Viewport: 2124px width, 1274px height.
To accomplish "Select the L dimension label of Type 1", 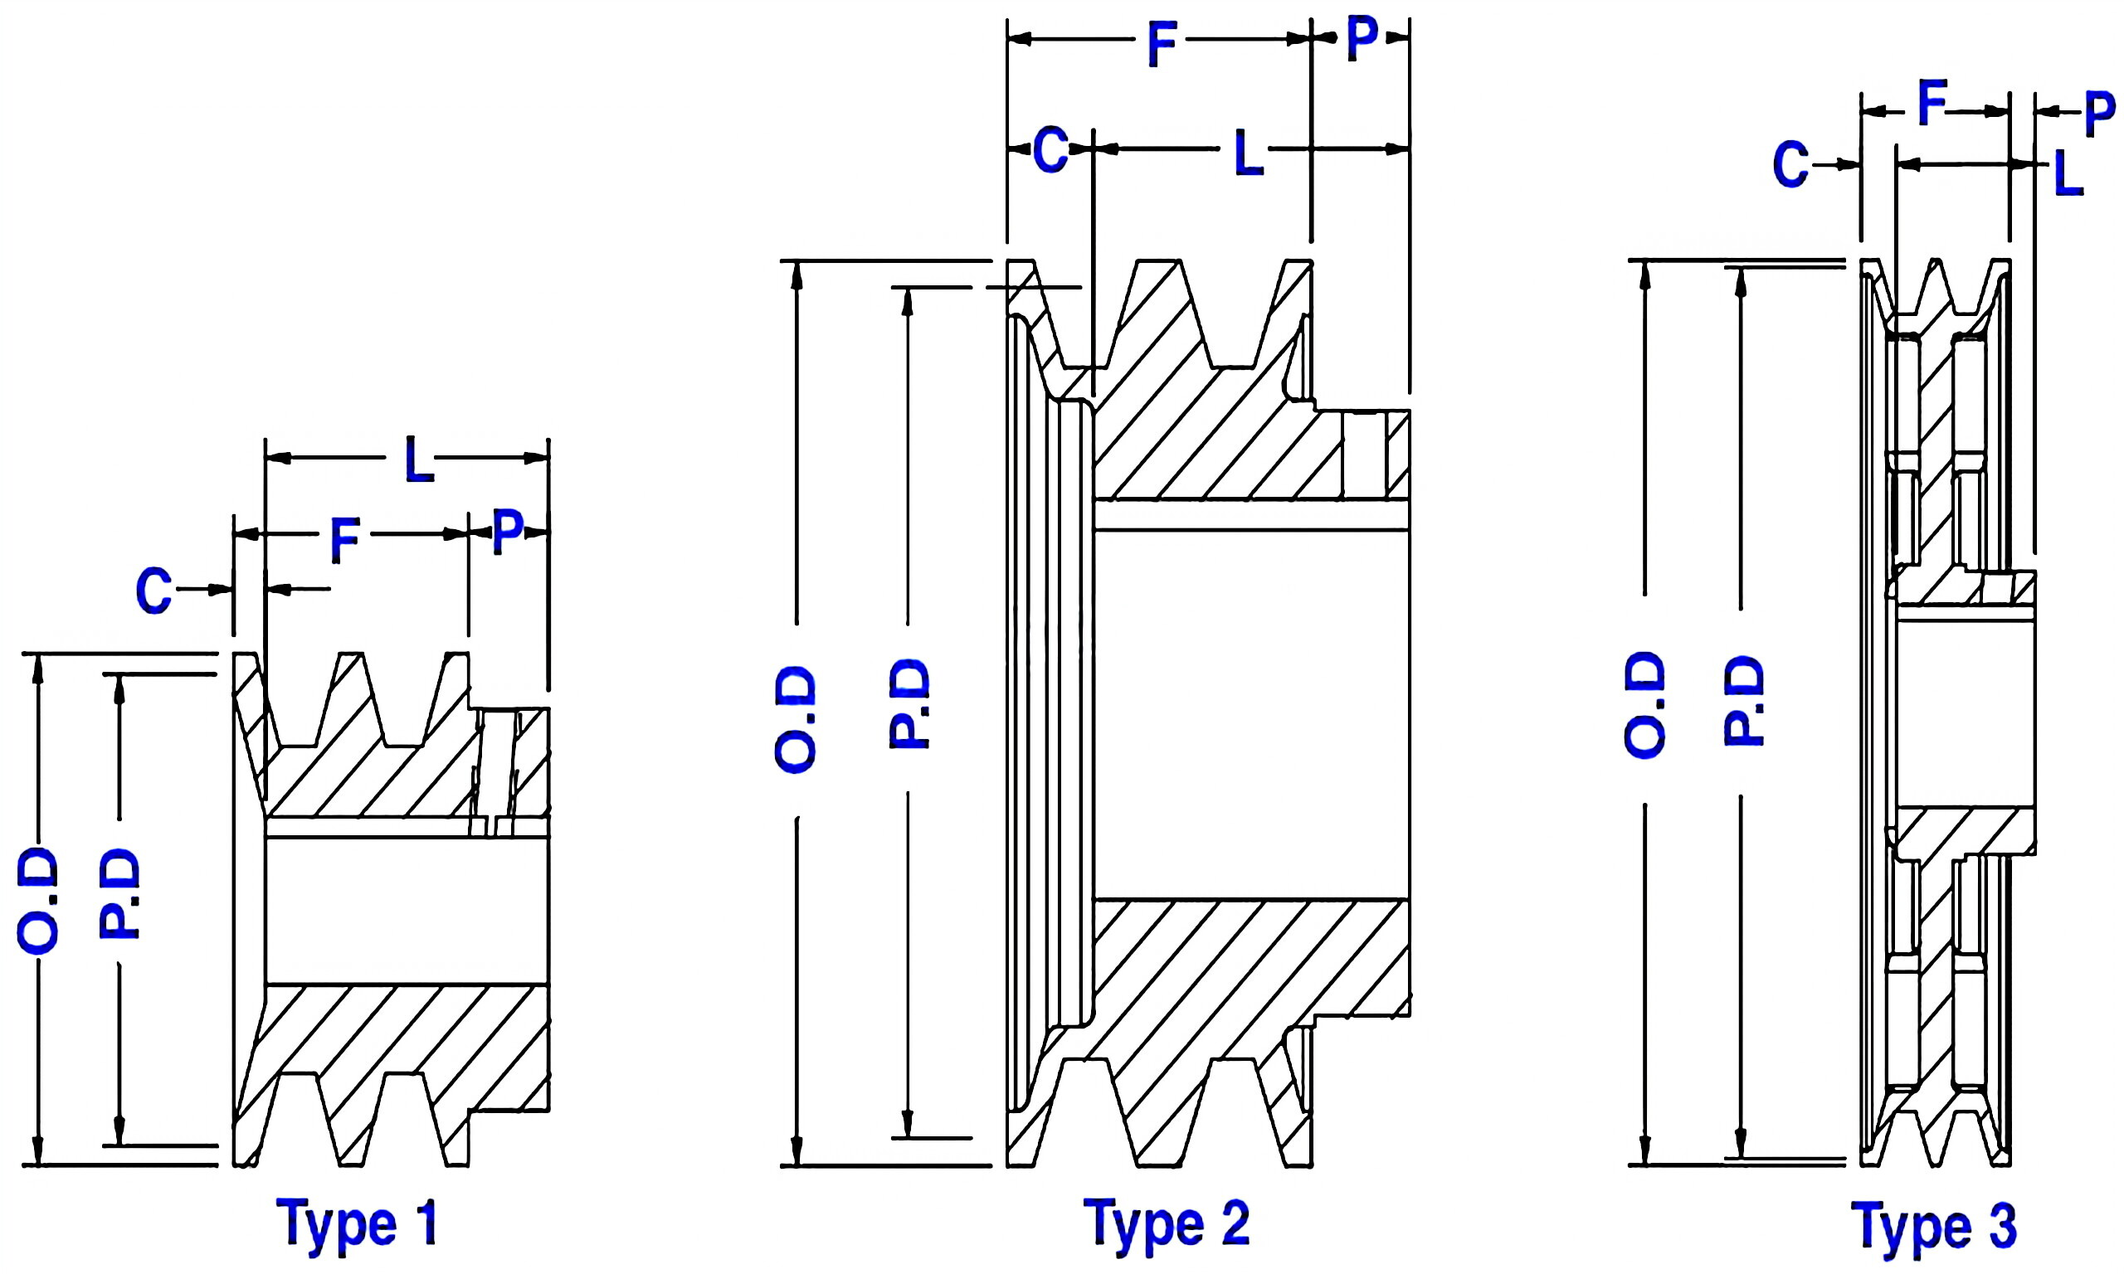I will [418, 460].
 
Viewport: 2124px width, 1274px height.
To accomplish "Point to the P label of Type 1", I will [508, 532].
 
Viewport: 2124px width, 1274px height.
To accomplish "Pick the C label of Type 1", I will [153, 591].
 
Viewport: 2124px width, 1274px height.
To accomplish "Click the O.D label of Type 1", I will [38, 902].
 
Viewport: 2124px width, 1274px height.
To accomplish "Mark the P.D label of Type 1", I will [119, 893].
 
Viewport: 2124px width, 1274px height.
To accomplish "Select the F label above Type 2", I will [1161, 45].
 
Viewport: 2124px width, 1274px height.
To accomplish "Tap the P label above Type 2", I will [1361, 39].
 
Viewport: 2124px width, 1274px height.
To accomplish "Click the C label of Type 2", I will [1050, 150].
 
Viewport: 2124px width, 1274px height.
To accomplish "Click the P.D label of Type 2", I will [909, 704].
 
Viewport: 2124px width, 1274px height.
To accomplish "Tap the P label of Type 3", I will [2100, 114].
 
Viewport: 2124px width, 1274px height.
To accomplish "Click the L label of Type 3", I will [2068, 174].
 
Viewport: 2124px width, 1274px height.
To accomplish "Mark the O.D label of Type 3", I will [1644, 705].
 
